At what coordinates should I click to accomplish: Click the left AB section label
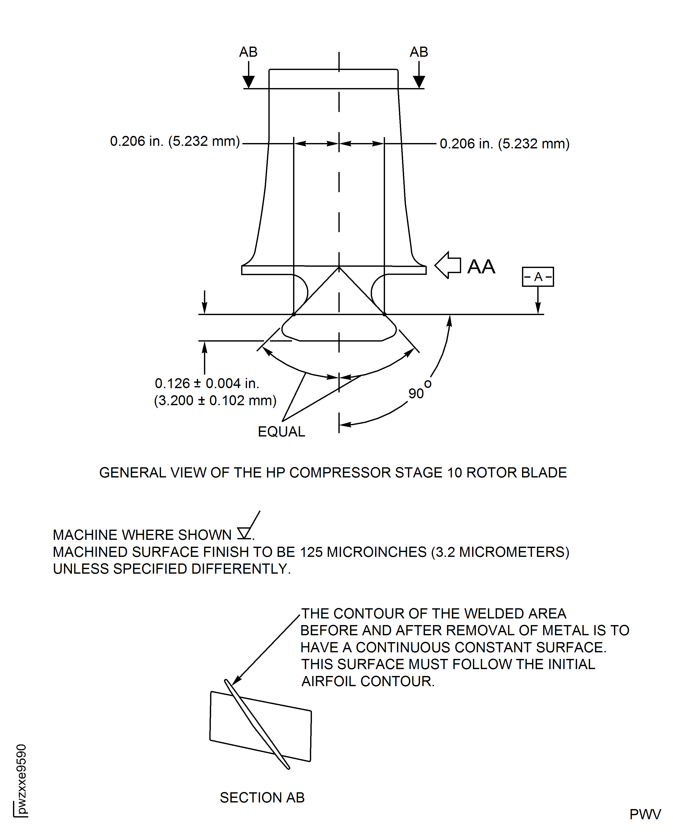[248, 52]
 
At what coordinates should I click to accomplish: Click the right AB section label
[419, 52]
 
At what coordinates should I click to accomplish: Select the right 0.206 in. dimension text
[504, 144]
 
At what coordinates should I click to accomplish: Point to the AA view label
[481, 266]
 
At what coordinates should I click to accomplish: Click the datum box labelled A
[538, 277]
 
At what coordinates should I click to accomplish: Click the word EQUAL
[281, 432]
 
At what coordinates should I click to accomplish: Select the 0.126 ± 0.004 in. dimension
[207, 384]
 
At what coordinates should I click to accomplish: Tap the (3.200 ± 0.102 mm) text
[215, 401]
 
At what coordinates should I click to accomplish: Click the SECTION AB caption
[262, 797]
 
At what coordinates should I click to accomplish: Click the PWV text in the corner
[645, 814]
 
